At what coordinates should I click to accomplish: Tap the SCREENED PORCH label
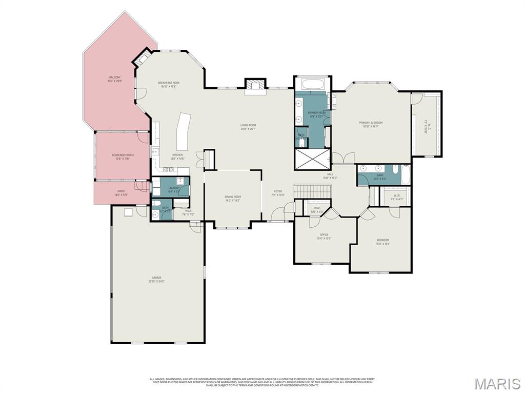coord(123,154)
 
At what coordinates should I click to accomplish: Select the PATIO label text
coord(120,191)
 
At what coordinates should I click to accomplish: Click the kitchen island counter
coord(183,131)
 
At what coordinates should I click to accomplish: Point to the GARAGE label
coord(156,278)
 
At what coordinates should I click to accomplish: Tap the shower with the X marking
coord(312,159)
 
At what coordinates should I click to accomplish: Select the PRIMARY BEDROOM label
coord(371,123)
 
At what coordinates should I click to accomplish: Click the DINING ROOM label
coord(233,196)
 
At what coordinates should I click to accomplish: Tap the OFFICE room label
coord(324,235)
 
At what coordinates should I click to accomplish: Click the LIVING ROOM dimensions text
coord(248,129)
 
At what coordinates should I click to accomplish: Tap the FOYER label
coord(277,191)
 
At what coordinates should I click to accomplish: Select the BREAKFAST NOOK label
coord(168,83)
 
